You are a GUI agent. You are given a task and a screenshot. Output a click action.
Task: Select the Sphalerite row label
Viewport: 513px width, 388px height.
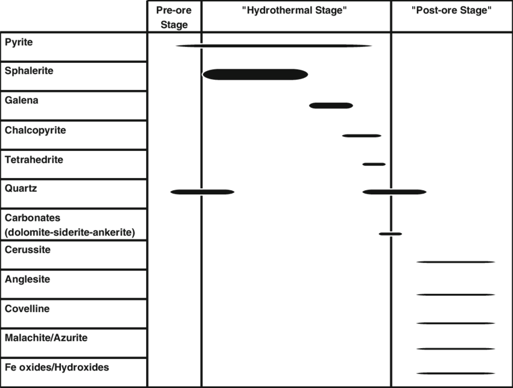(29, 71)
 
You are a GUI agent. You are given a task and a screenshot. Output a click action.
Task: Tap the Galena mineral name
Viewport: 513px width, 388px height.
(22, 100)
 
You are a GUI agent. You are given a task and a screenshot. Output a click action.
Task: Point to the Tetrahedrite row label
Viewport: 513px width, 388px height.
(34, 160)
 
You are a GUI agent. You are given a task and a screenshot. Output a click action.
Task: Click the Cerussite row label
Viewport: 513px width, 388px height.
(28, 249)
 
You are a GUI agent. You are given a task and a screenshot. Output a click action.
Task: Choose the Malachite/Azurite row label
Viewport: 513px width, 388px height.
(46, 338)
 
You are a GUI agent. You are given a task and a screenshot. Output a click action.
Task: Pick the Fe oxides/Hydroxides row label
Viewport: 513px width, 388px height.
(57, 367)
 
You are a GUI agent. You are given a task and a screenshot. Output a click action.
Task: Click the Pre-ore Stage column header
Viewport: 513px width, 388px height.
(175, 17)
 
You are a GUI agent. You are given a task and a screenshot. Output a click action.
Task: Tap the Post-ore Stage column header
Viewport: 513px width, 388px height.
(451, 10)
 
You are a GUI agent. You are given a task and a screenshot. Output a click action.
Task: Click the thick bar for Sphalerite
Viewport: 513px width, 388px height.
(256, 74)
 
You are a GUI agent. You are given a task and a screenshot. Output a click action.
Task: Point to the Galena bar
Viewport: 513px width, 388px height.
(331, 106)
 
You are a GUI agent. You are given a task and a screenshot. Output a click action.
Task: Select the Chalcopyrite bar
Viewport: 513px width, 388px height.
(362, 136)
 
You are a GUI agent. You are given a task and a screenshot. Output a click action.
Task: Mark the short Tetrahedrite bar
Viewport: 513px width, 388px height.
(374, 164)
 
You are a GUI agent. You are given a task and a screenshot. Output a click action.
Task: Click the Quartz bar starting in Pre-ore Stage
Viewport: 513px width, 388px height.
(202, 192)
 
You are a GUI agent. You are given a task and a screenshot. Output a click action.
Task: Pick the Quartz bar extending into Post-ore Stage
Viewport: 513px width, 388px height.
(395, 192)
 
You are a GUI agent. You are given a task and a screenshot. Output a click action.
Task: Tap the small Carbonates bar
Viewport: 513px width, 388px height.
(390, 234)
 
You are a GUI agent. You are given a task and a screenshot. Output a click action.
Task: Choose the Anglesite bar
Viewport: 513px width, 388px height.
(456, 294)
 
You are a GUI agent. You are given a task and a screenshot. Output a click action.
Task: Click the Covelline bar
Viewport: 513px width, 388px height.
(456, 323)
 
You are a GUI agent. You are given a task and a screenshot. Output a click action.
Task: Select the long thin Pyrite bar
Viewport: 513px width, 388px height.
(273, 45)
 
